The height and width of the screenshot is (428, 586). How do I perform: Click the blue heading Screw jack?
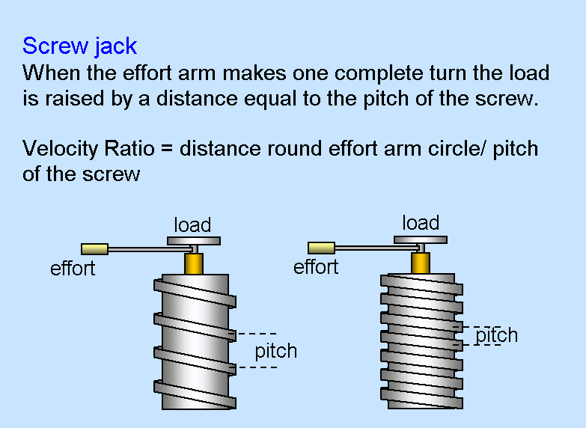coord(79,46)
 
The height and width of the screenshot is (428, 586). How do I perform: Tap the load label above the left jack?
coord(192,224)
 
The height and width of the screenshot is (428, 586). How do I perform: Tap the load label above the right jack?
coord(420,222)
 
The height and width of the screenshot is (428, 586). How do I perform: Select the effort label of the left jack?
coord(73,268)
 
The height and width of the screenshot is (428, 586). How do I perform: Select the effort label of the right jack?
coord(316,266)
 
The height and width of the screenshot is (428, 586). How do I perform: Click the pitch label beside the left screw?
coord(275,350)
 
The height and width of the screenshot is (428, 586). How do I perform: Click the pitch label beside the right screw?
coord(496,335)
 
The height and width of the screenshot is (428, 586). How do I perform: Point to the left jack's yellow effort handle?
coord(95,248)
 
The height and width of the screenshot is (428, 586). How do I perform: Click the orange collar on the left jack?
coord(194,263)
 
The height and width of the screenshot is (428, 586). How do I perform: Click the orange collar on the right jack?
coord(421,263)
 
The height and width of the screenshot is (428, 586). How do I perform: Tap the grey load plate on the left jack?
coord(193,241)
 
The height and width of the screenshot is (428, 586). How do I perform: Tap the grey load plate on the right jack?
coord(421,240)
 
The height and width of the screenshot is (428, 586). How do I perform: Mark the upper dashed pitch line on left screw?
coord(257,333)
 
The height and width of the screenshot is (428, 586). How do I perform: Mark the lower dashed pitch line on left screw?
coord(257,367)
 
